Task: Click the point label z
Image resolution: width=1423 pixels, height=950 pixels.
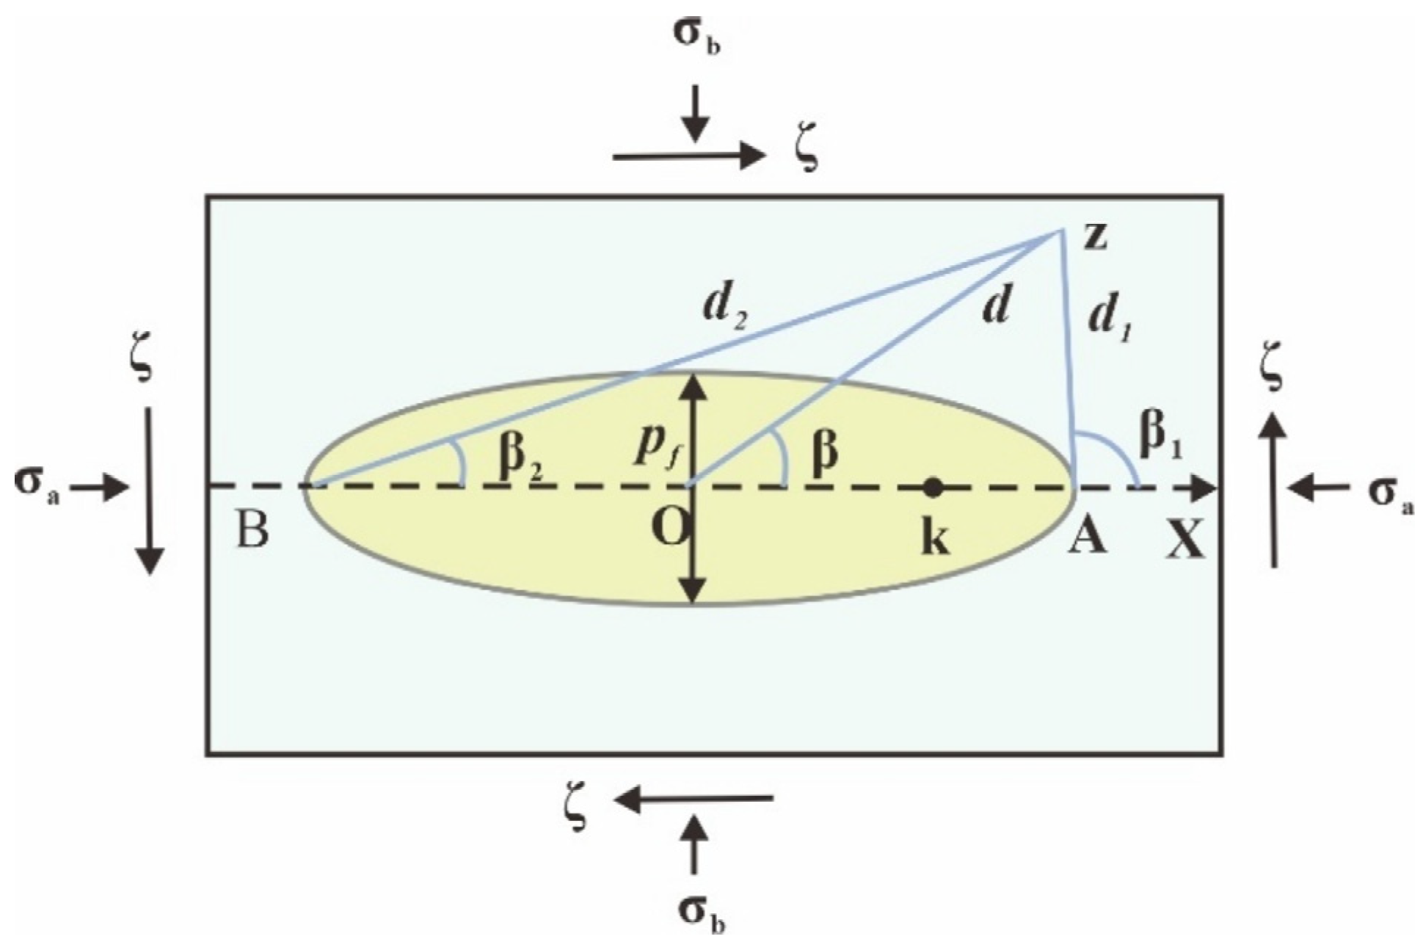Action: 1094,238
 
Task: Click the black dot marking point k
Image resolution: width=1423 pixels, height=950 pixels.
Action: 932,486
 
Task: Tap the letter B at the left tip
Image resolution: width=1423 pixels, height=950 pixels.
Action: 252,529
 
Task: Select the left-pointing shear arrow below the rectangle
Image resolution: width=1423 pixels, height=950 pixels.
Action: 694,799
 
